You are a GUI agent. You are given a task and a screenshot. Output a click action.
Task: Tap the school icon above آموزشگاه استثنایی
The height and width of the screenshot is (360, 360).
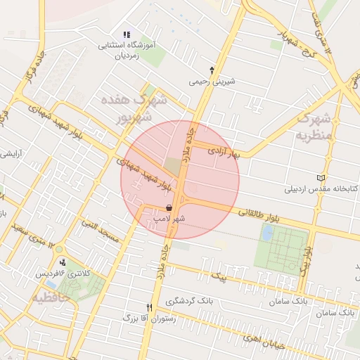127,34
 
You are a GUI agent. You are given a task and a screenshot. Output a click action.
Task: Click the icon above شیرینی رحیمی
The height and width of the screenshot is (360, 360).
212,69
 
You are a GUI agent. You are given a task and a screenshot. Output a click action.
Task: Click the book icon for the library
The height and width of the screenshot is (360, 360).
322,177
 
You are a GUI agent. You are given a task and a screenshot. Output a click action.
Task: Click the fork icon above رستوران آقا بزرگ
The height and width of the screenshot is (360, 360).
149,307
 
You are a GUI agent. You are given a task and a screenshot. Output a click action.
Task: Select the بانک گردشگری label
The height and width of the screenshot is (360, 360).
189,301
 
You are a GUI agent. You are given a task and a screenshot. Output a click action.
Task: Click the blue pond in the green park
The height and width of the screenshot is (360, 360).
267,233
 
